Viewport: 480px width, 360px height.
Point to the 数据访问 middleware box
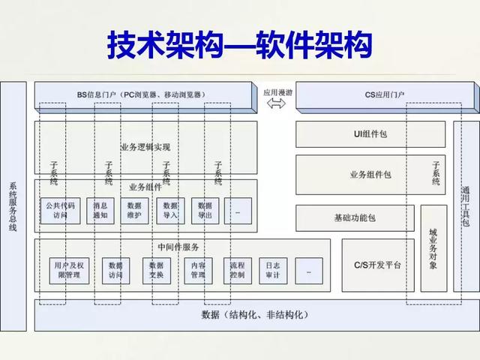pos(115,270)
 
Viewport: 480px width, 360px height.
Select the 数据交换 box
pos(157,270)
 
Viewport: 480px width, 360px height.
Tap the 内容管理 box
pos(198,270)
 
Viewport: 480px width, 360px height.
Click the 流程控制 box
pos(237,270)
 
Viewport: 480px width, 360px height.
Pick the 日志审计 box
pos(273,270)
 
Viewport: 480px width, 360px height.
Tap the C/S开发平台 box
pos(376,265)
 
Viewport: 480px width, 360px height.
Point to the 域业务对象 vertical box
pos(433,247)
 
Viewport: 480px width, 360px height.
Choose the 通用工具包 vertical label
pos(466,206)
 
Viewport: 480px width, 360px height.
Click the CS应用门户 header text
pos(384,94)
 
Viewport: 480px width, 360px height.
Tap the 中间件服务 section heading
pos(178,247)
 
